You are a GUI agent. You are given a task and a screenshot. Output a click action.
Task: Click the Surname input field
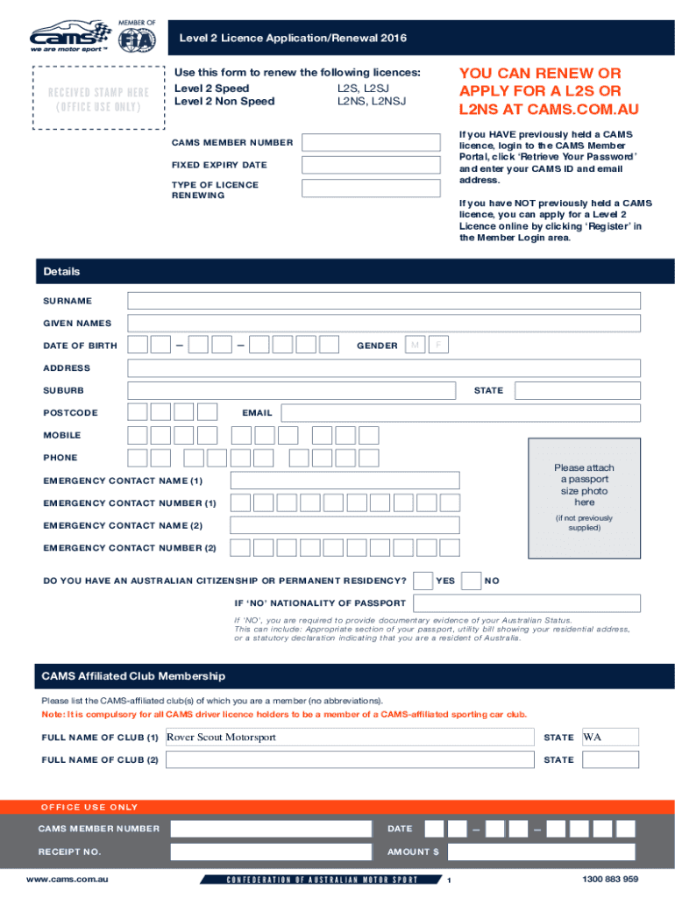(x=383, y=301)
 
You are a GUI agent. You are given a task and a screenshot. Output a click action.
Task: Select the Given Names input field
(x=383, y=324)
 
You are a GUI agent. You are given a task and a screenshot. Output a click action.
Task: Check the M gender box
(x=415, y=346)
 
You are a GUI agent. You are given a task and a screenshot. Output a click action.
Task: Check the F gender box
(x=438, y=346)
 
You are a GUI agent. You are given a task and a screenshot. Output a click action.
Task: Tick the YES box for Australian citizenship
(x=423, y=581)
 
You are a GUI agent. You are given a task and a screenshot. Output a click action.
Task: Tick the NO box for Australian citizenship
(x=471, y=581)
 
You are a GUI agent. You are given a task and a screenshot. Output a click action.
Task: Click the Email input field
(x=460, y=412)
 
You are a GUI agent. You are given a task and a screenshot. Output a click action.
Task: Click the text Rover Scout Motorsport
(x=222, y=738)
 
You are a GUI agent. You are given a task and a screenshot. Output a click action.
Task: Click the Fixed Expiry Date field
(x=371, y=165)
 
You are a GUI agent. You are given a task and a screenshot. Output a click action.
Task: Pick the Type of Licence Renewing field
(x=371, y=189)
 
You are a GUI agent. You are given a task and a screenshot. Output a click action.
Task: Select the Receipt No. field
(x=271, y=852)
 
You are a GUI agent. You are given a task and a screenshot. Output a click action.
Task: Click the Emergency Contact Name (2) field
(x=345, y=525)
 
